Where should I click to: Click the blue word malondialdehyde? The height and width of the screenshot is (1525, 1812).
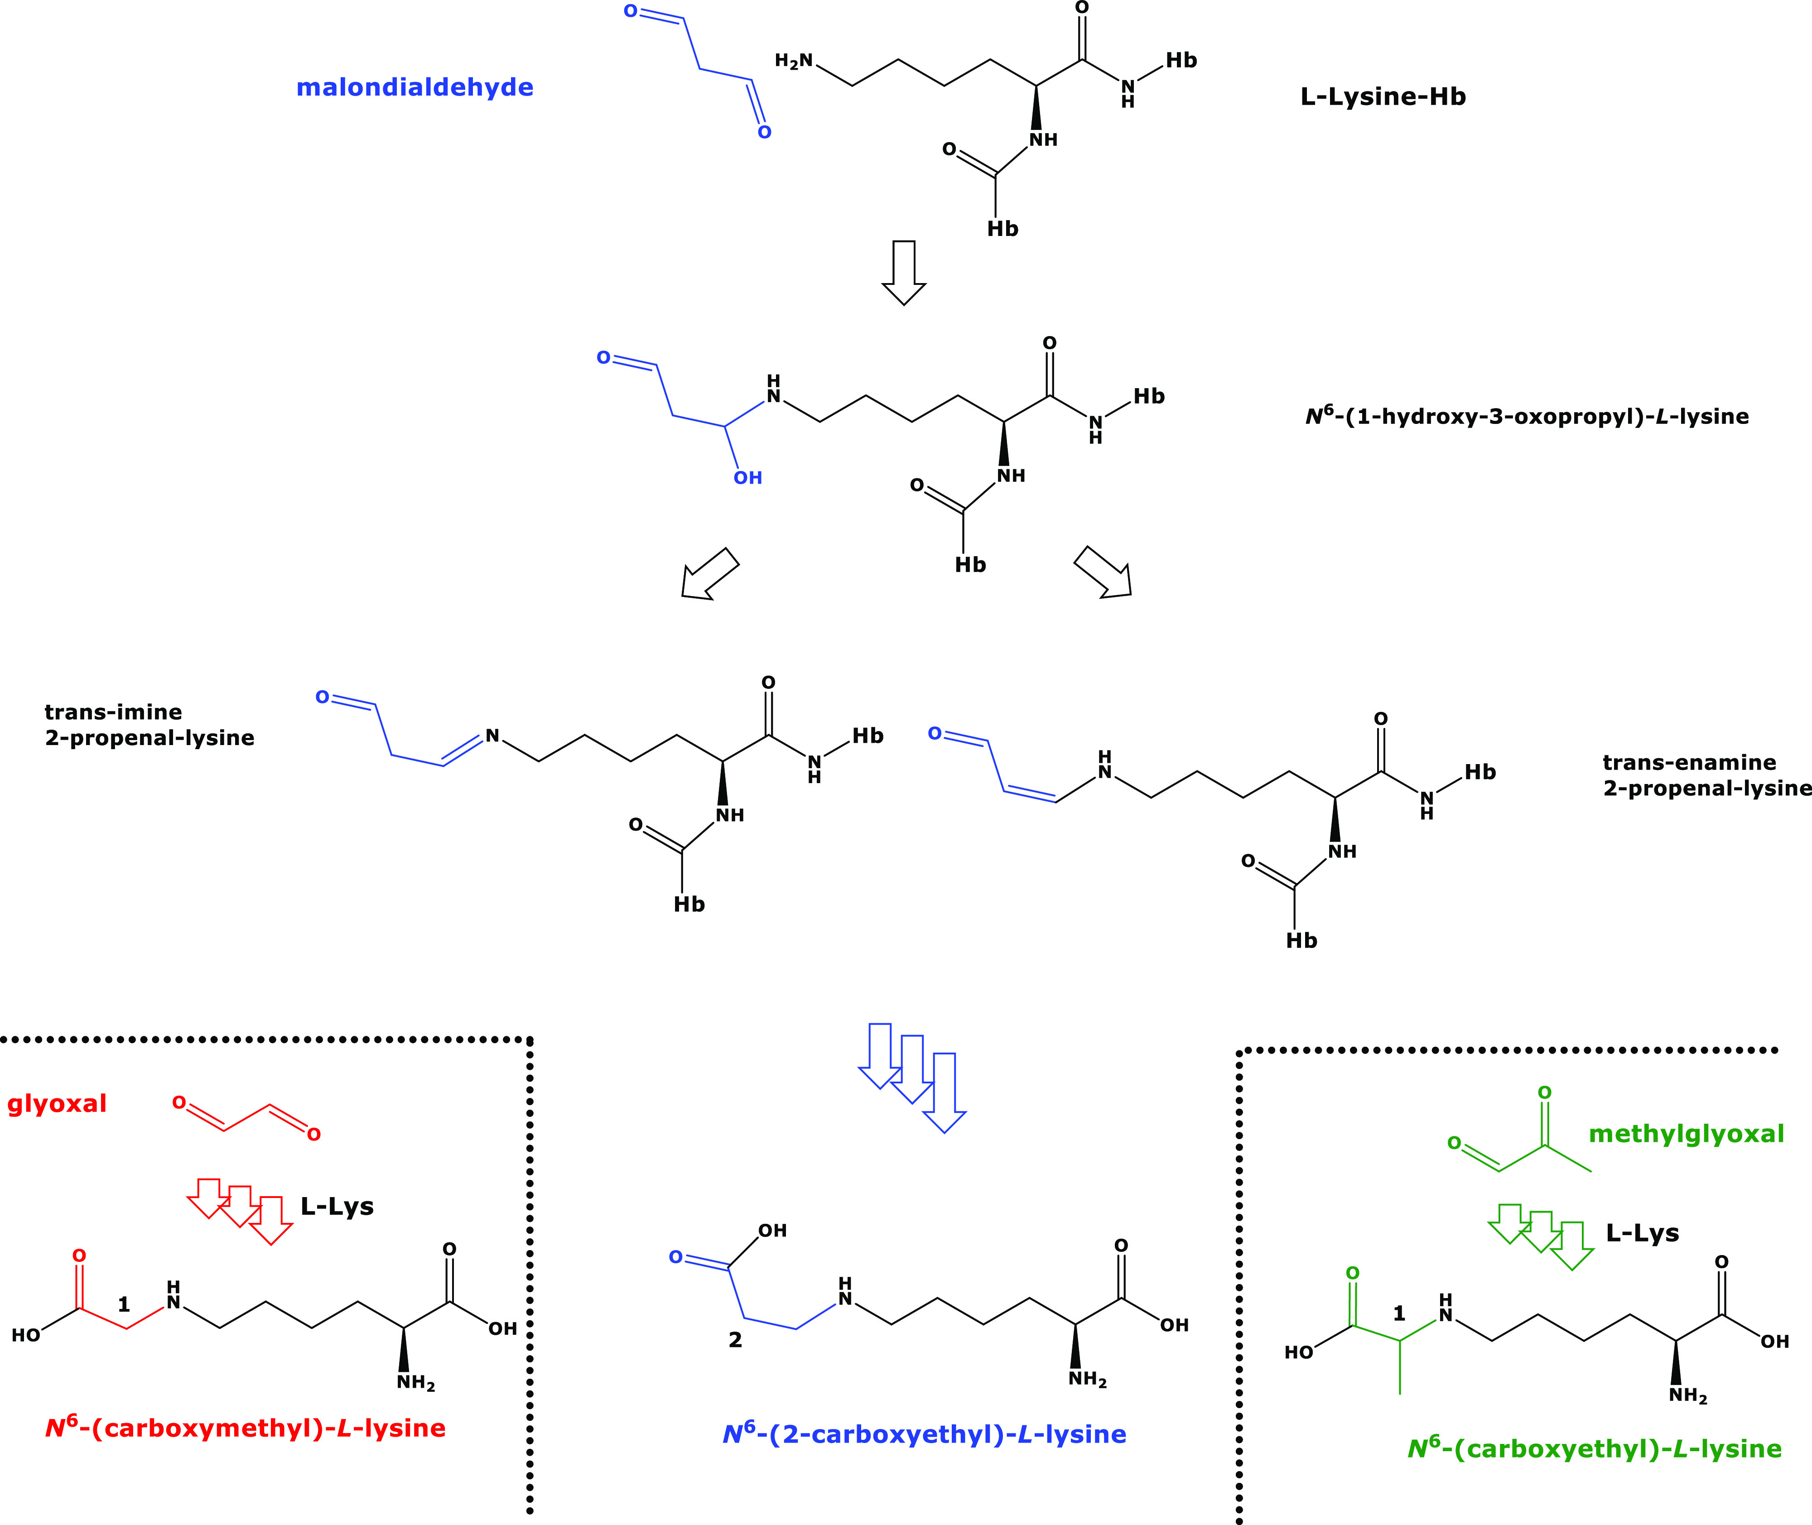(415, 87)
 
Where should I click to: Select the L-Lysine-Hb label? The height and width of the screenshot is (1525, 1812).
(1383, 97)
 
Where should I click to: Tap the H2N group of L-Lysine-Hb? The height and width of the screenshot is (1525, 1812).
(794, 61)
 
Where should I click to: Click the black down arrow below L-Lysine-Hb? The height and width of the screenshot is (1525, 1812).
(903, 272)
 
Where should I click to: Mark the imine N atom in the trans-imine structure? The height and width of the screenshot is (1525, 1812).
(492, 736)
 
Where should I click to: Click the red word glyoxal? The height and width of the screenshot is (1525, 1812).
(57, 1104)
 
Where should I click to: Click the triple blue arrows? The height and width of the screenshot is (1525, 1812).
(912, 1076)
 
